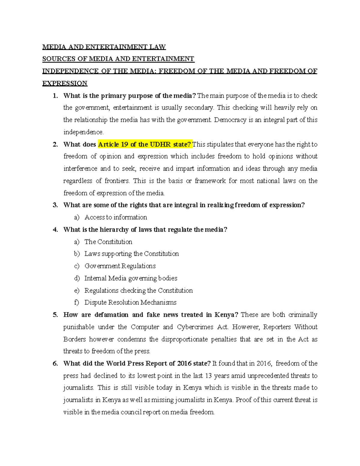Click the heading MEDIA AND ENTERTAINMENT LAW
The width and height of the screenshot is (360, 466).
click(104, 47)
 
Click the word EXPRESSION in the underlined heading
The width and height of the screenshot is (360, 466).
click(65, 83)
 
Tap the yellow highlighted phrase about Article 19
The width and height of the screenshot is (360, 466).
click(145, 144)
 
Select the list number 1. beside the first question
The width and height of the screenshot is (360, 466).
click(55, 96)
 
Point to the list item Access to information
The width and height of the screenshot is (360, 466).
click(115, 217)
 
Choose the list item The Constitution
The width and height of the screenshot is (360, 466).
click(108, 242)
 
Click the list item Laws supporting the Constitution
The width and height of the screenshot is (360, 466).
click(131, 254)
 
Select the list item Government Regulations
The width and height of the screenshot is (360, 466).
click(120, 266)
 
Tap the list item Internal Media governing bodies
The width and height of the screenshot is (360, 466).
click(130, 278)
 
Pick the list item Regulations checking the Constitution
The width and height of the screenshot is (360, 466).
click(138, 290)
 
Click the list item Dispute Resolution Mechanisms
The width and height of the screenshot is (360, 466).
click(130, 302)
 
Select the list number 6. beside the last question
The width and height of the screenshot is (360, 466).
click(55, 364)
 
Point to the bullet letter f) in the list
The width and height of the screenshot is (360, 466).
click(76, 302)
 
